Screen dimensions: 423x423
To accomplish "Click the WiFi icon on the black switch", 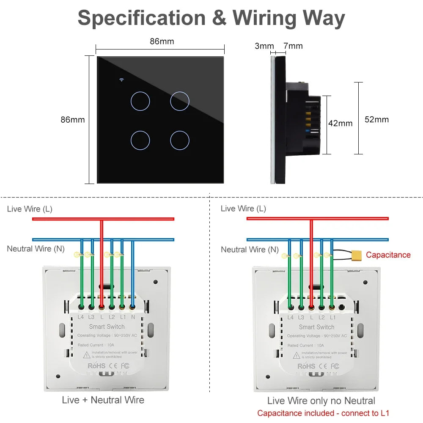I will tap(121, 80).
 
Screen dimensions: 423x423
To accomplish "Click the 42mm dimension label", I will tap(341, 124).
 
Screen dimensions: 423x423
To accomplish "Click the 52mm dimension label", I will tap(376, 119).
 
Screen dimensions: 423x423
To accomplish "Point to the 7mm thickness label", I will tap(293, 46).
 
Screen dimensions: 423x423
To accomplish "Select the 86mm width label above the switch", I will tap(162, 41).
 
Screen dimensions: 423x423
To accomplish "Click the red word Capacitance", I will tap(388, 255).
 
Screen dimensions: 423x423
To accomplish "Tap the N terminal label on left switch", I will tap(133, 316).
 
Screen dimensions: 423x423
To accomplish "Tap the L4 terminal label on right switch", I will tap(290, 317).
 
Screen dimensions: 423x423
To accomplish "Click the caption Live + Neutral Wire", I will tap(103, 400).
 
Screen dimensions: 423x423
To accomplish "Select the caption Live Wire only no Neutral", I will tap(321, 401).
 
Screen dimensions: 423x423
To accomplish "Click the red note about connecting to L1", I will tap(323, 413).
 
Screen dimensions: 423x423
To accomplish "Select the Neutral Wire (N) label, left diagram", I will tap(36, 249).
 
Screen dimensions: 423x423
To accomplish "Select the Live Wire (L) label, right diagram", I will tap(243, 209).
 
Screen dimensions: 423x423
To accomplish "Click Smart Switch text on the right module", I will tap(316, 327).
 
